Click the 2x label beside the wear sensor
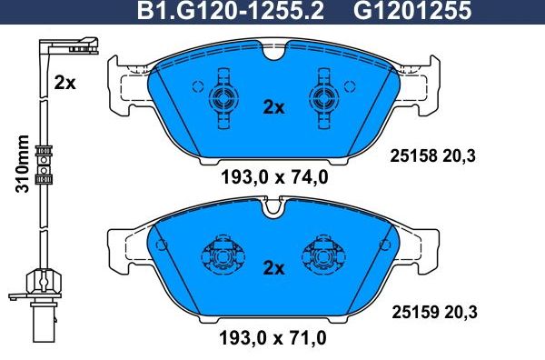click(x=64, y=83)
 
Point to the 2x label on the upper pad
click(x=272, y=106)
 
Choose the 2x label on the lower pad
click(x=272, y=268)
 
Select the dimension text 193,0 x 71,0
click(x=272, y=339)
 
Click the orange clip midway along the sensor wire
click(x=41, y=164)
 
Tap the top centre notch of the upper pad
click(x=272, y=53)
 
